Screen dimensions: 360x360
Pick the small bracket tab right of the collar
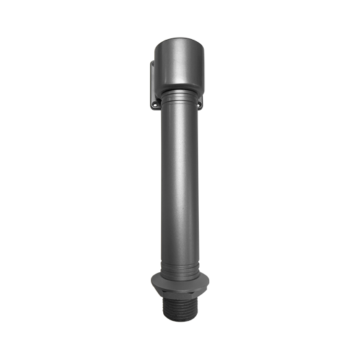[199, 103]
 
